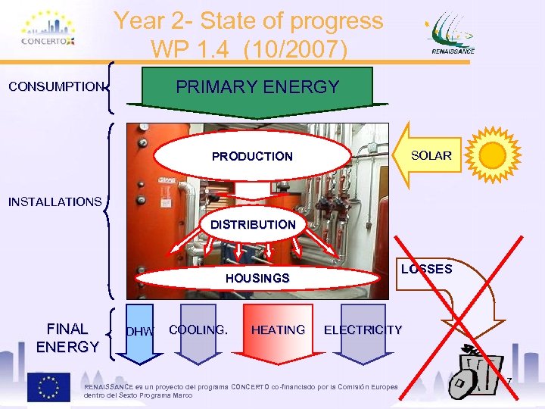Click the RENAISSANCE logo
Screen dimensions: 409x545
click(453, 34)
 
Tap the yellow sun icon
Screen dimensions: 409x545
click(493, 155)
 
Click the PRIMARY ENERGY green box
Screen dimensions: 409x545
click(258, 88)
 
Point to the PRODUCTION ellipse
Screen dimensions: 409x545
click(252, 157)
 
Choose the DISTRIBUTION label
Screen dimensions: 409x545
click(252, 225)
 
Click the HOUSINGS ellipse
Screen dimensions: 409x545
click(257, 278)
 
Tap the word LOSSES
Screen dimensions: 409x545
click(426, 269)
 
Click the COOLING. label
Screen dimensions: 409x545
click(198, 329)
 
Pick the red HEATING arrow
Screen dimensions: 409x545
click(278, 330)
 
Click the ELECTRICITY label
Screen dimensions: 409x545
click(363, 329)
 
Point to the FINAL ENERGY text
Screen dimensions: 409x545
click(67, 338)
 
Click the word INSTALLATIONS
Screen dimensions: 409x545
click(54, 201)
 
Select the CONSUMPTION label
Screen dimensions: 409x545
click(55, 86)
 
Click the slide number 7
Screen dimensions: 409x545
click(509, 380)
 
